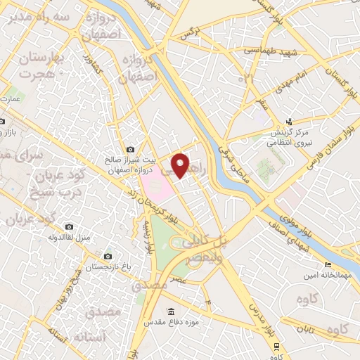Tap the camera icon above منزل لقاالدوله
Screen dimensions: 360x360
point(69,226)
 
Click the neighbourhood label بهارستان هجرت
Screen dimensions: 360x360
point(42,66)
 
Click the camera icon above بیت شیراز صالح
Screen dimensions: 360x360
point(130,149)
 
